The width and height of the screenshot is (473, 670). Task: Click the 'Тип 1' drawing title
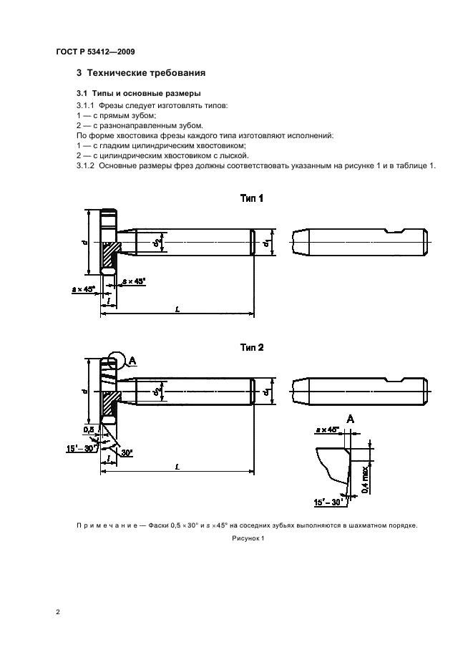[251, 198]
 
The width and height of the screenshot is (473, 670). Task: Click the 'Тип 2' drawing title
[251, 347]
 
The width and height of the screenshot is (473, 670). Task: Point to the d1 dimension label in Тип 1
[265, 243]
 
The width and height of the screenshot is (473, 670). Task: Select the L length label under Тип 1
[177, 308]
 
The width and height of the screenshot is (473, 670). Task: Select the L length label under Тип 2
[177, 467]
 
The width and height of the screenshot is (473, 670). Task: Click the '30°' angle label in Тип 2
[127, 452]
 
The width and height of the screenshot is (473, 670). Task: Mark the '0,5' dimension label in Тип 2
[88, 429]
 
